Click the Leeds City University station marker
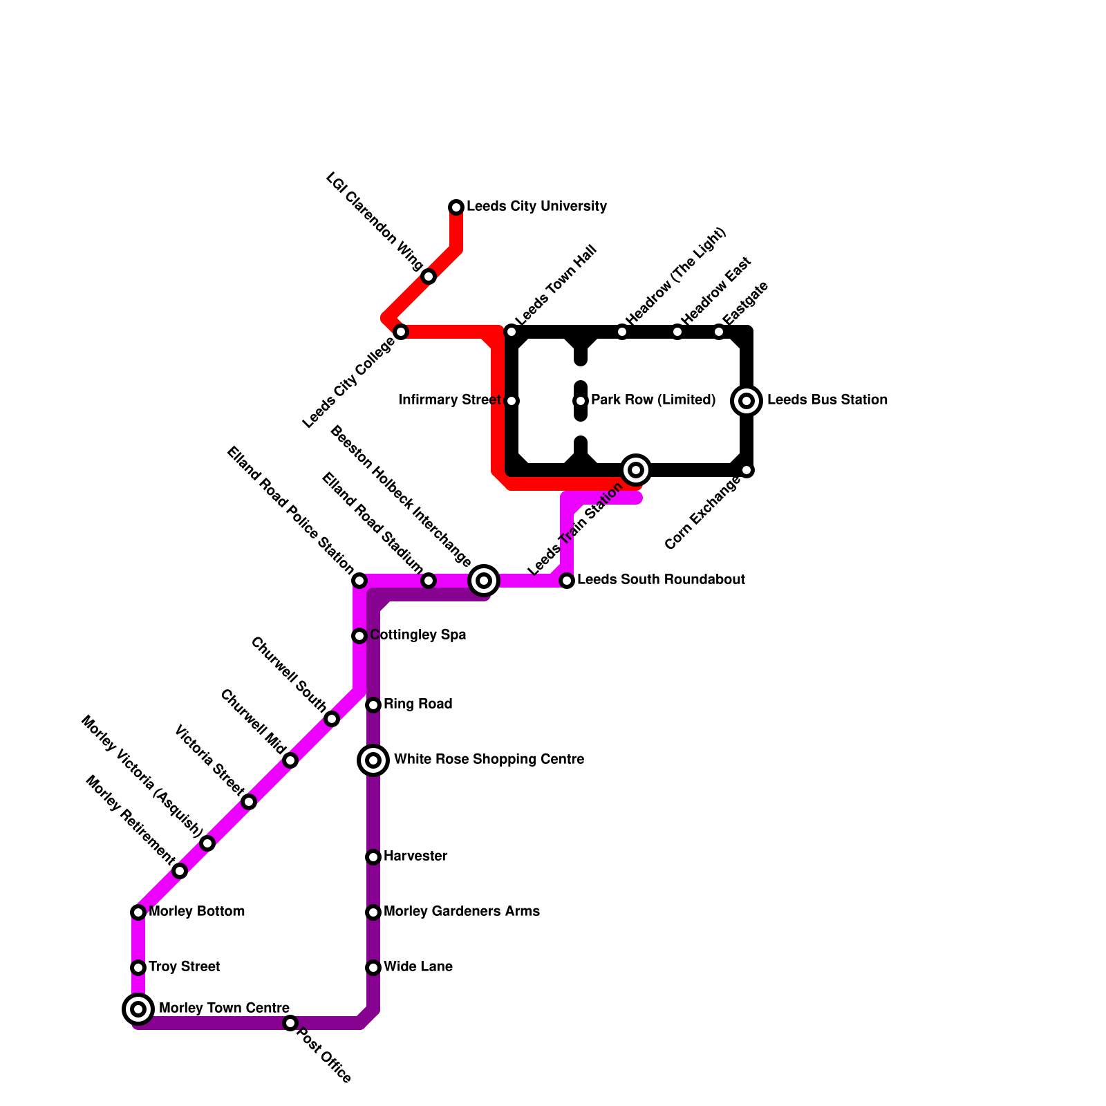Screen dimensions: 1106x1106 click(x=456, y=207)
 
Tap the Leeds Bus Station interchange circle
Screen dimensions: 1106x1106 click(x=747, y=401)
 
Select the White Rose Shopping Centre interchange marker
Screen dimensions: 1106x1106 click(x=373, y=760)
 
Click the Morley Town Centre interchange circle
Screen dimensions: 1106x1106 click(x=138, y=1009)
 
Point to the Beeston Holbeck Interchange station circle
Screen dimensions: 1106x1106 click(x=484, y=581)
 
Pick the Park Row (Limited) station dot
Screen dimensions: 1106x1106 click(x=581, y=401)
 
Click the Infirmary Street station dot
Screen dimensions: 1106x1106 click(x=512, y=401)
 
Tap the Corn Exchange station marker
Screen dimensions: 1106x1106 click(x=747, y=470)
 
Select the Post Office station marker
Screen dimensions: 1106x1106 click(x=290, y=1023)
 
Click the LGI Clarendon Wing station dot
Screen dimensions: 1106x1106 click(x=429, y=276)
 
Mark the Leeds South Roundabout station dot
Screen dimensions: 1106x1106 click(x=567, y=581)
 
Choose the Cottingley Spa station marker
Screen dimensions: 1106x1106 click(x=359, y=636)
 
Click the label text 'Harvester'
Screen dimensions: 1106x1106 click(x=415, y=856)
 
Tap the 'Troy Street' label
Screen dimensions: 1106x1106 click(x=184, y=967)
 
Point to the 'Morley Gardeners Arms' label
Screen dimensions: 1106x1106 click(x=461, y=912)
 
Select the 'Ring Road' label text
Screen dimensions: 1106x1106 click(x=418, y=704)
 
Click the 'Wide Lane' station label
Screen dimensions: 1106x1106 click(x=418, y=967)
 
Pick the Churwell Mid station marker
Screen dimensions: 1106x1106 click(x=290, y=760)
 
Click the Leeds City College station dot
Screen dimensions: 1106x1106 click(x=401, y=332)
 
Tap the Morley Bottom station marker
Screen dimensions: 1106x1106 click(x=138, y=912)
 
